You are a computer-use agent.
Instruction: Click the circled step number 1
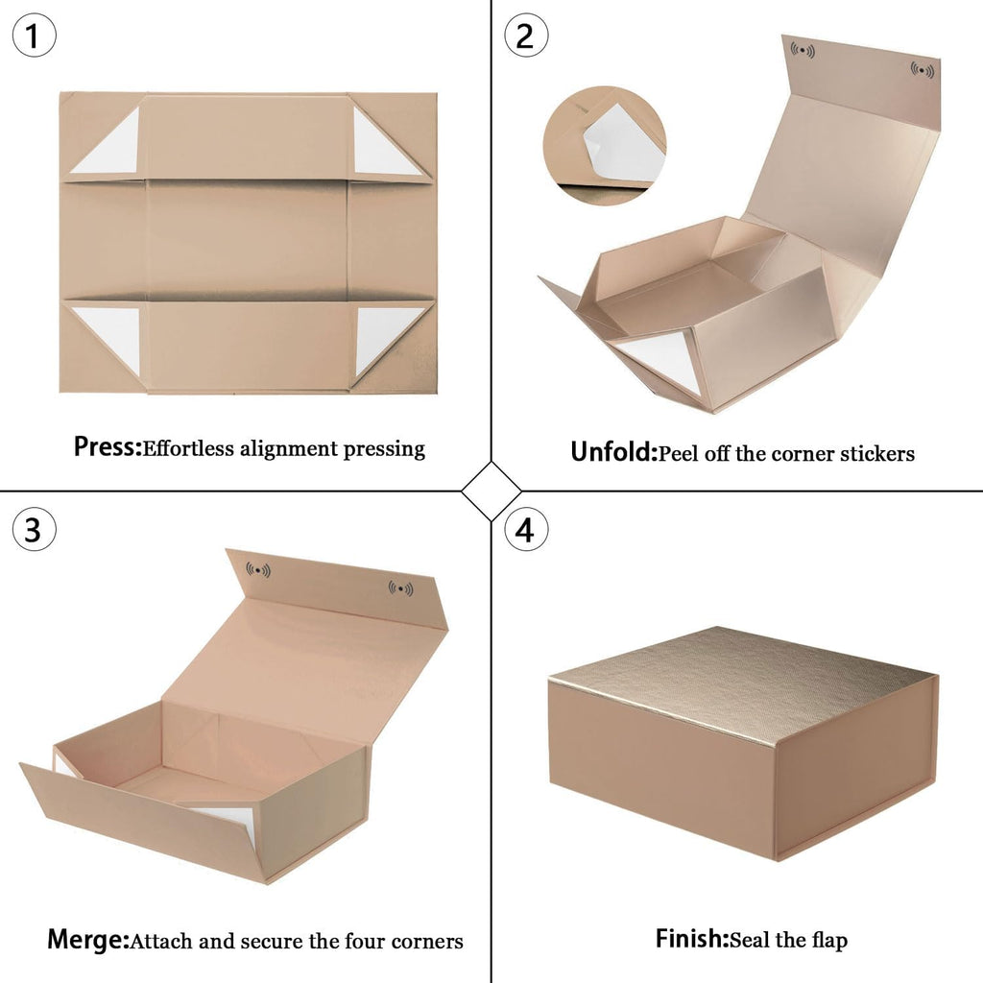34,36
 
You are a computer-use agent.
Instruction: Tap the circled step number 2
526,36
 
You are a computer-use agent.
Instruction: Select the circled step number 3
34,529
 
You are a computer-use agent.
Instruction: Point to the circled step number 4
526,529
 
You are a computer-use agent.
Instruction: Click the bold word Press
108,447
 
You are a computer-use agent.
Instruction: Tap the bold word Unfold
613,452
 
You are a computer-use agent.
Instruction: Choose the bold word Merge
88,940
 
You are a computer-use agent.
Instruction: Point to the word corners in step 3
427,942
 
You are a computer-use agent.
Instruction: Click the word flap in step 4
829,940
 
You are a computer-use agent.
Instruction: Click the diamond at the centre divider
491,491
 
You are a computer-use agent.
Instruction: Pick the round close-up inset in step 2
605,146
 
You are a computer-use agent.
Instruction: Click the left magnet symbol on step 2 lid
803,50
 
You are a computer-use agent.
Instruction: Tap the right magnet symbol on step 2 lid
923,70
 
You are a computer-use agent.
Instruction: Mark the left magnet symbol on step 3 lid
258,570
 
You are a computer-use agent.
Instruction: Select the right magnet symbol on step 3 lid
400,588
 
